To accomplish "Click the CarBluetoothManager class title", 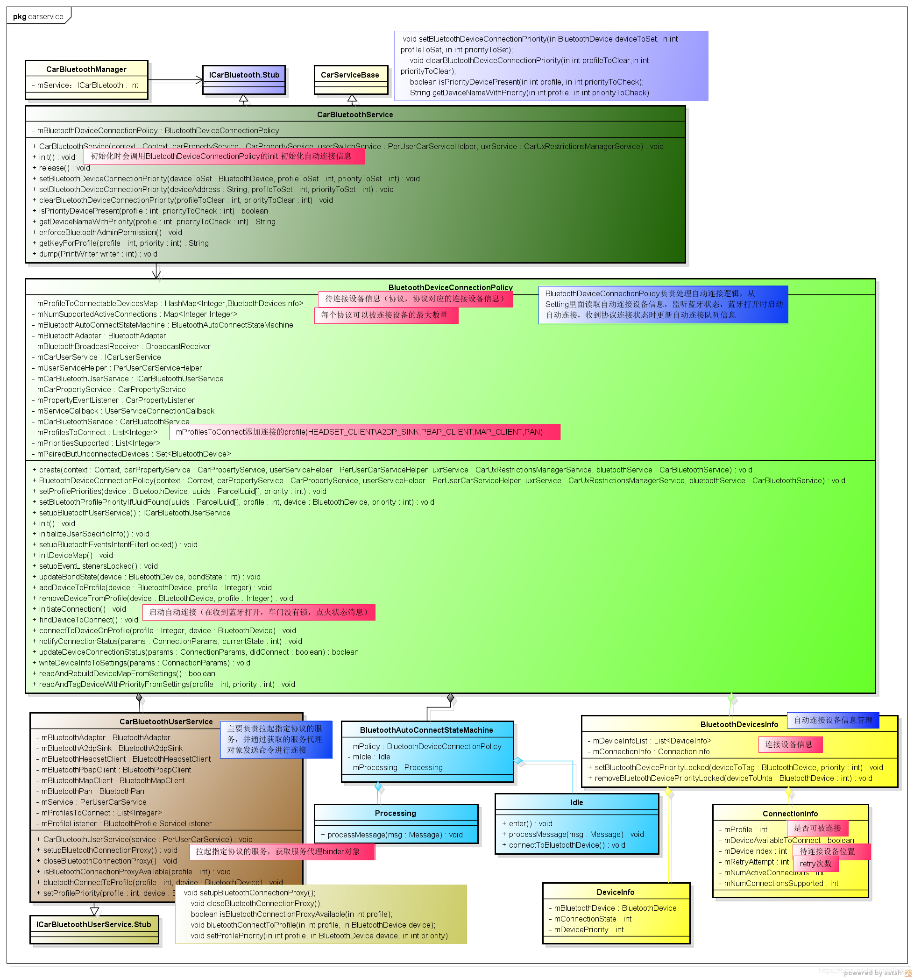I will (x=86, y=70).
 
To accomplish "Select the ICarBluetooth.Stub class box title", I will (x=244, y=75).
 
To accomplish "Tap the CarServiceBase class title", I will (x=350, y=75).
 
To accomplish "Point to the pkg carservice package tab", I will (x=38, y=16).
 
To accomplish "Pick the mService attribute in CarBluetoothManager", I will (x=85, y=85).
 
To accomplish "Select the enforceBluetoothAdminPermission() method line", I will (x=110, y=232).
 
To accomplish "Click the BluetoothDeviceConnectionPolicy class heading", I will (x=450, y=287).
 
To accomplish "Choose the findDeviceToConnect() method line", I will (x=89, y=620).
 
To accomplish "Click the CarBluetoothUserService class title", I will (x=166, y=722).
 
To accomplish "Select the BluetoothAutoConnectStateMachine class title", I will (x=426, y=730).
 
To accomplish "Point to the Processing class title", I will (x=395, y=813).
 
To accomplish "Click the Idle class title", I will (x=576, y=802).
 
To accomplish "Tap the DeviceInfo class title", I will (x=615, y=892).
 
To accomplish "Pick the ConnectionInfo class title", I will (x=790, y=814).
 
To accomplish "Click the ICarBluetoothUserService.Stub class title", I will (x=93, y=924).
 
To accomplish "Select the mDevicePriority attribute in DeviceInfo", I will (x=588, y=930).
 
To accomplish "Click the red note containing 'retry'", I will (x=815, y=864).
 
